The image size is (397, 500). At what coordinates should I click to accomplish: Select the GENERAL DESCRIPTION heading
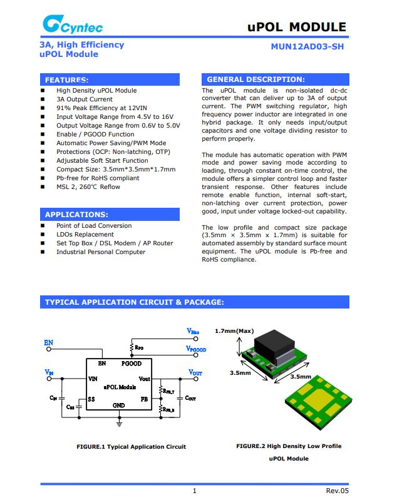pos(255,79)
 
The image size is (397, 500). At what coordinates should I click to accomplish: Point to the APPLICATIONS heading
pos(76,215)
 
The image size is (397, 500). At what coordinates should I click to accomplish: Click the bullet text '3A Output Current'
pos(85,99)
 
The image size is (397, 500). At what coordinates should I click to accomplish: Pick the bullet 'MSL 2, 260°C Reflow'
pos(88,186)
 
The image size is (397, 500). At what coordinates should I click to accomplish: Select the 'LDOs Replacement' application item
pos(85,235)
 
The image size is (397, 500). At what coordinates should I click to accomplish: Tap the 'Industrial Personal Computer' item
pos(101,252)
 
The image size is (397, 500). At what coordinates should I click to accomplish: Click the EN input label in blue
pos(48,343)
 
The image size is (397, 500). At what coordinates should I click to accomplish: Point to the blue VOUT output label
pos(195,373)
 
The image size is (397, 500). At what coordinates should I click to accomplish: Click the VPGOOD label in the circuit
pos(196,349)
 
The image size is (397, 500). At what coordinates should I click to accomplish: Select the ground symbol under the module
pos(120,423)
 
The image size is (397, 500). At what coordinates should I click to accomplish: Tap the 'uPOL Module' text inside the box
pos(120,387)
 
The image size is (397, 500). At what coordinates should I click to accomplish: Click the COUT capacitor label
pos(190,397)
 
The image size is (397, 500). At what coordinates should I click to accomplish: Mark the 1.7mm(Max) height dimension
pos(234,331)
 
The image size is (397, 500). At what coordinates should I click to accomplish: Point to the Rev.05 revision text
pos(337,491)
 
